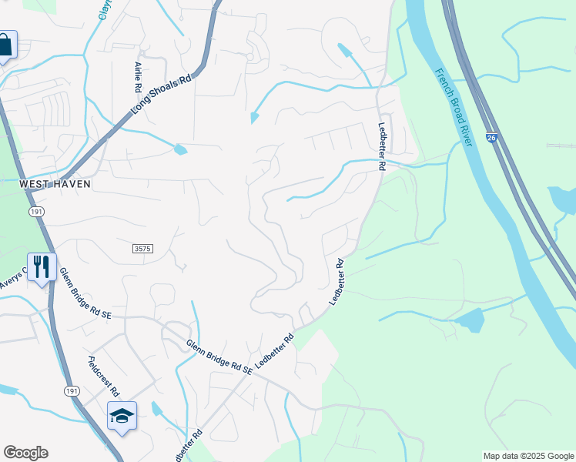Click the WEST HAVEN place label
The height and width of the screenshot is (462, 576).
click(55, 184)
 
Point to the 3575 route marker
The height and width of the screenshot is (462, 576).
click(141, 249)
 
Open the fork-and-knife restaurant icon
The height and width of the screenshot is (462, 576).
click(42, 268)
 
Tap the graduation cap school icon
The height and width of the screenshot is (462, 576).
click(122, 417)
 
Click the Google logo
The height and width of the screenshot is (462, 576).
click(25, 453)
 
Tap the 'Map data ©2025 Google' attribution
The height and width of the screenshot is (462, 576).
click(528, 456)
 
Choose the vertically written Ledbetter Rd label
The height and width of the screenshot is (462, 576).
click(381, 146)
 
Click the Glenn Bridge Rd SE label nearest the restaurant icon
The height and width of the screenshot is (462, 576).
click(85, 293)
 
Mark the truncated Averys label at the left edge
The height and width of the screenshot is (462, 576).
click(13, 280)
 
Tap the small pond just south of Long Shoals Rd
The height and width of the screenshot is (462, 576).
click(180, 149)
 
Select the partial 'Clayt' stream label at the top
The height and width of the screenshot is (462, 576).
click(105, 10)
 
